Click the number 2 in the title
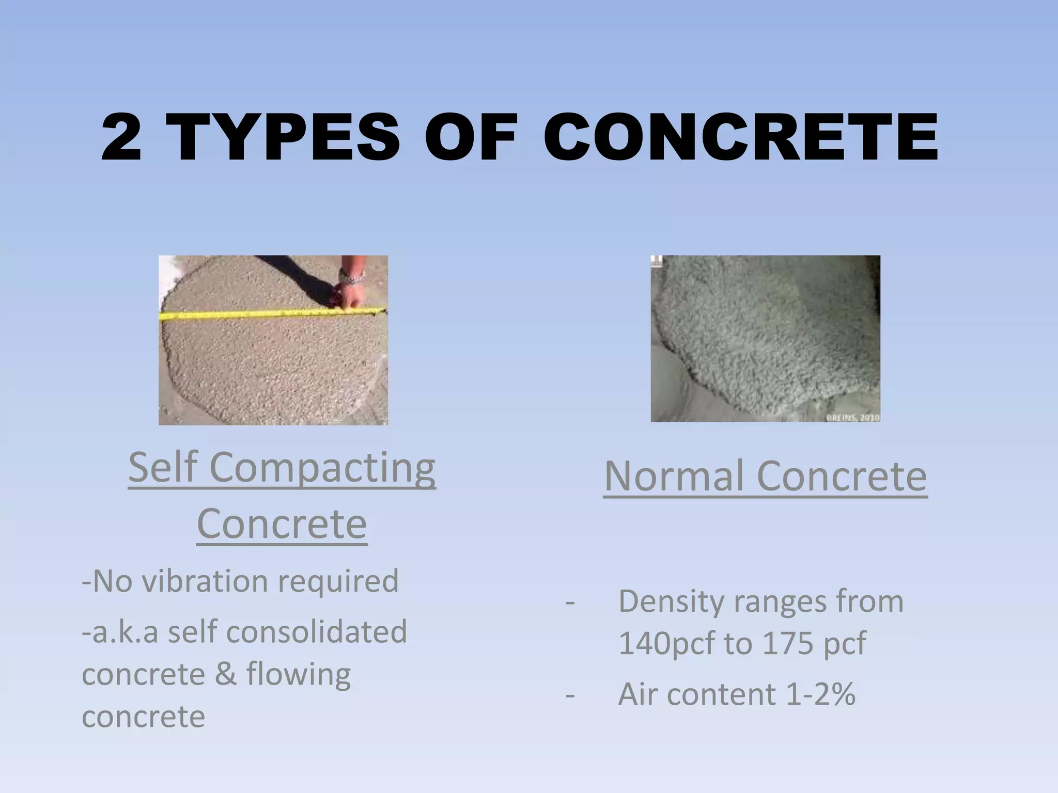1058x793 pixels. click(x=122, y=137)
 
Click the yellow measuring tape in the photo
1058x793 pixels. click(x=258, y=313)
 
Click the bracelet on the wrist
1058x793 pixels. click(x=352, y=277)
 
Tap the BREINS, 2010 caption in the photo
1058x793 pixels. click(x=852, y=417)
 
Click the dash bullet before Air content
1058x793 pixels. click(x=570, y=694)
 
